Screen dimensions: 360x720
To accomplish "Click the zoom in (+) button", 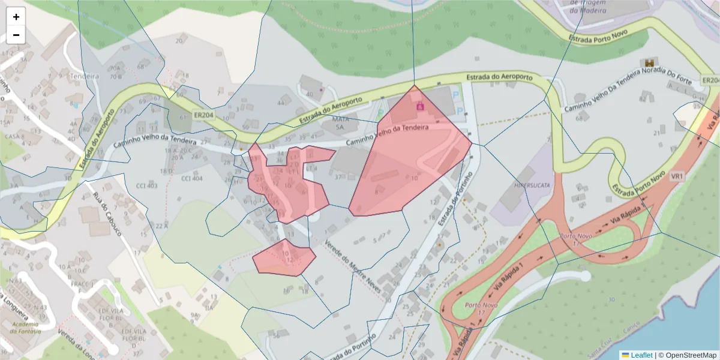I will coord(16,17).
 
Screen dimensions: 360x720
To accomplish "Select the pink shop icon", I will coord(421,106).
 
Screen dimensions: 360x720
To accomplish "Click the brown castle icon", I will coord(649,62).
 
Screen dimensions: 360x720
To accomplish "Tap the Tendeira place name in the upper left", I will coord(84,76).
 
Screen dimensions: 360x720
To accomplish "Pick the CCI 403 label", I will coord(147,185).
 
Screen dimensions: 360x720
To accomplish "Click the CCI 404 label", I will coord(192,178).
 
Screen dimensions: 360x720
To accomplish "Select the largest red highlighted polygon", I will coord(408,156).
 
